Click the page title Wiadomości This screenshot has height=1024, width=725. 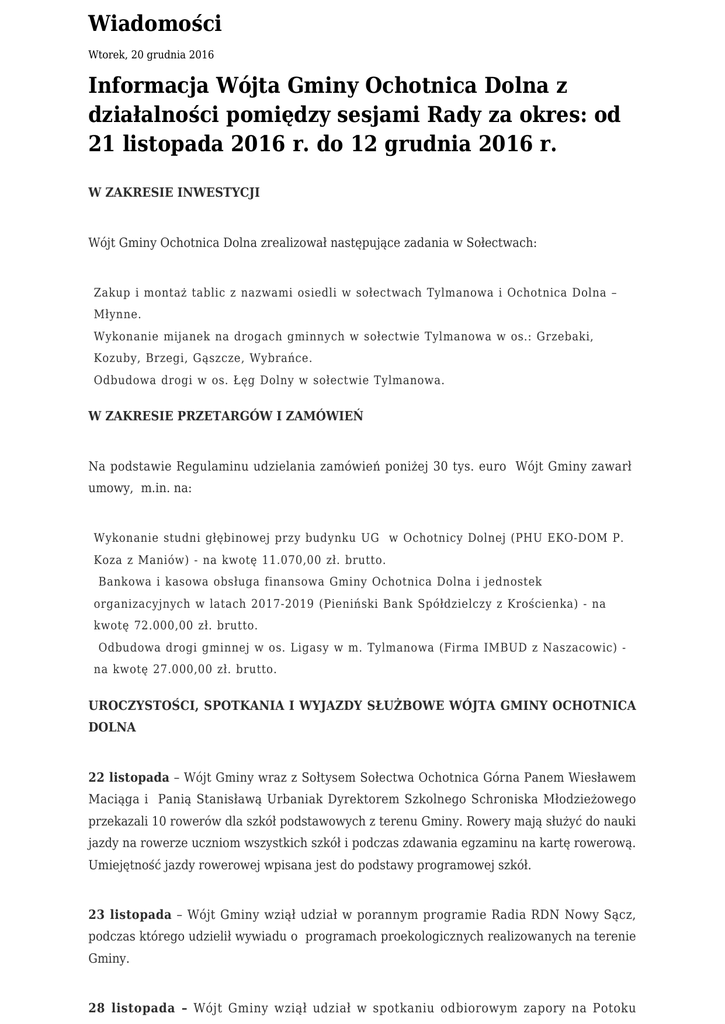tap(155, 23)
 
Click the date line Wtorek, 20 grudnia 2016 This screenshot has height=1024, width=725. tap(151, 55)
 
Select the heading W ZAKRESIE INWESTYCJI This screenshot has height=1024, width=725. tap(174, 192)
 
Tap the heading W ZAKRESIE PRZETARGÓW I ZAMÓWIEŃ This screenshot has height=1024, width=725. tap(226, 415)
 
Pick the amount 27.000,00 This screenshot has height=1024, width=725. tap(167, 669)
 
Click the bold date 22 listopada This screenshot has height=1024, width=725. tap(129, 777)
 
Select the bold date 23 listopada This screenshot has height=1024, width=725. tap(129, 914)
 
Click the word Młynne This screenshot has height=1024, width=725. tap(118, 313)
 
